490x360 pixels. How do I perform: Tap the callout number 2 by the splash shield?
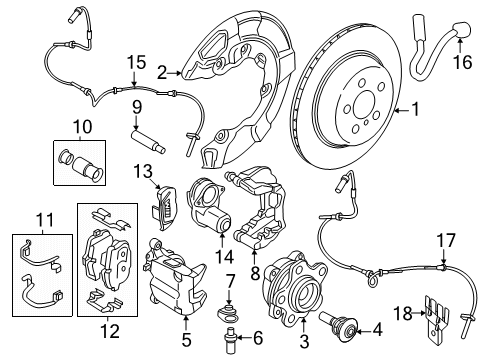coord(162,71)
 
